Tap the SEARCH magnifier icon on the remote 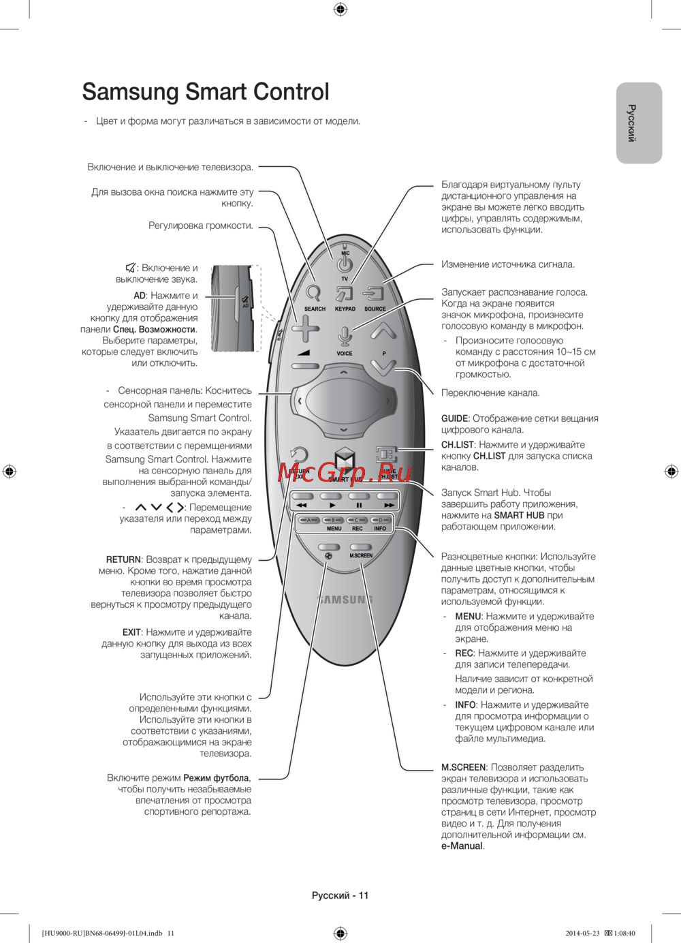313,293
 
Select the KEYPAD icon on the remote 345,294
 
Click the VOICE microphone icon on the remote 345,336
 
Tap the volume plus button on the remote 305,329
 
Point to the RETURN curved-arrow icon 298,454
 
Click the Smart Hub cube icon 345,460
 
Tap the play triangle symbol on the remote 332,506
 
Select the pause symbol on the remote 359,506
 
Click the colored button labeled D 381,520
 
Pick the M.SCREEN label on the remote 361,556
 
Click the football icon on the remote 328,556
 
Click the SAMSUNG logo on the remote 345,600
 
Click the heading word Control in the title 282,92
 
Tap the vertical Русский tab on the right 639,123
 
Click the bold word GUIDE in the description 454,418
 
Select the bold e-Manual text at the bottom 462,846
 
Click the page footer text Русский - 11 340,895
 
